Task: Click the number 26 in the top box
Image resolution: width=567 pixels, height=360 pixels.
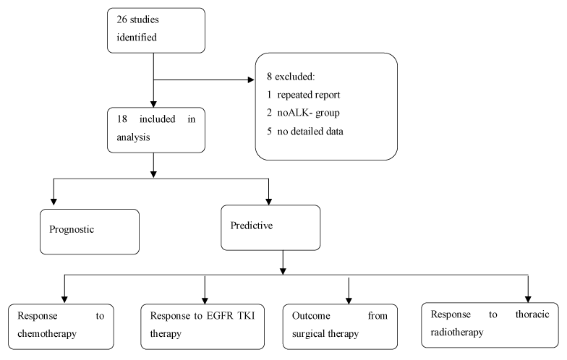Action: (121, 20)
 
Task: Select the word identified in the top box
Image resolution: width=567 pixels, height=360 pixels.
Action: (137, 38)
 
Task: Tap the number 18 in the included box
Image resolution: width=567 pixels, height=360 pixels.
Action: (121, 119)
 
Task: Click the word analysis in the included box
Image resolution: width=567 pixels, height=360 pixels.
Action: (133, 137)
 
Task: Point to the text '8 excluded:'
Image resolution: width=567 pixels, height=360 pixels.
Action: (291, 77)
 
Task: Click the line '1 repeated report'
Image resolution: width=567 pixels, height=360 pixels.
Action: (304, 95)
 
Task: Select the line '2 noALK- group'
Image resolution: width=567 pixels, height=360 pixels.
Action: (304, 113)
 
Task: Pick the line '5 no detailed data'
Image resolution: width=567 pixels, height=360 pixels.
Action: (305, 132)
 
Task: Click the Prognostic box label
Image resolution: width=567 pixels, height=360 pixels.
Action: (72, 230)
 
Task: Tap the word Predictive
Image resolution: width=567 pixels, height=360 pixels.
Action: (252, 226)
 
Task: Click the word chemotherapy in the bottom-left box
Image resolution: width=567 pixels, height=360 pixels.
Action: (47, 333)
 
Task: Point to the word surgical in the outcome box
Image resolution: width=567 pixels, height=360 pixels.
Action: (308, 334)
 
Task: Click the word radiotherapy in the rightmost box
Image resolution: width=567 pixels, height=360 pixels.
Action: (457, 333)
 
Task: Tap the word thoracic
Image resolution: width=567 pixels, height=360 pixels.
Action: (532, 314)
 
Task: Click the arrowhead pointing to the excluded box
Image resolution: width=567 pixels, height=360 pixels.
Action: (251, 80)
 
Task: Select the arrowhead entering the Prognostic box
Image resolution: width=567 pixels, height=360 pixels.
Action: (54, 202)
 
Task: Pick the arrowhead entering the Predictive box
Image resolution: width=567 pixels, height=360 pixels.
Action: (269, 202)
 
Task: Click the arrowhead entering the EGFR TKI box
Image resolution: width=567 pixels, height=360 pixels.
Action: (205, 301)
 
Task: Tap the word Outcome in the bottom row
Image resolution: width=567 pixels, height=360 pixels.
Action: (311, 316)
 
